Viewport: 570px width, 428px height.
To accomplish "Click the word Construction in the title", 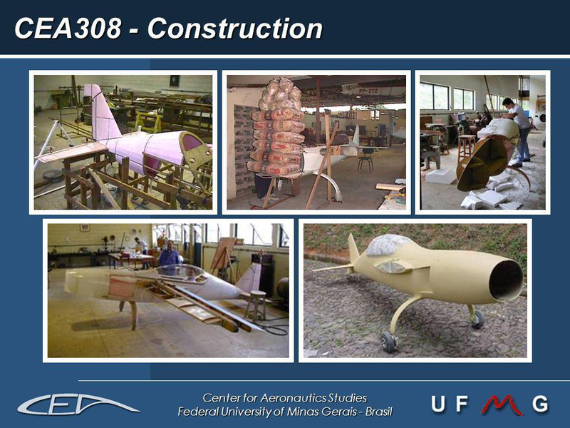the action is click(235, 29).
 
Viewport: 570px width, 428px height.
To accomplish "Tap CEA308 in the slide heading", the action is click(68, 29).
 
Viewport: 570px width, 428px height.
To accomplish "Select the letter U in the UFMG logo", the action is click(437, 404).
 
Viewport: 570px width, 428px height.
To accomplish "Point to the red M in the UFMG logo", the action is click(502, 404).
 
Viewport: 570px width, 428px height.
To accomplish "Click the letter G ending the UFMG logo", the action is click(540, 404).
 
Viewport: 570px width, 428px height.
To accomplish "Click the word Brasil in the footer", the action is click(379, 412).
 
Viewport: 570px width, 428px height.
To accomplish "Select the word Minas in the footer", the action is click(300, 412).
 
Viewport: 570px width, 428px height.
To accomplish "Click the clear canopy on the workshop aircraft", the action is click(185, 274).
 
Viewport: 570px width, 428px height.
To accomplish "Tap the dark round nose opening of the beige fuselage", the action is click(506, 280).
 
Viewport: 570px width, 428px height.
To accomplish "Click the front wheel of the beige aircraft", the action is click(388, 342).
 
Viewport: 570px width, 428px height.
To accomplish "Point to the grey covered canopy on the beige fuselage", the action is click(388, 245).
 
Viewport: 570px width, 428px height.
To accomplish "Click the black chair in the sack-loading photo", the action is click(366, 159).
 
